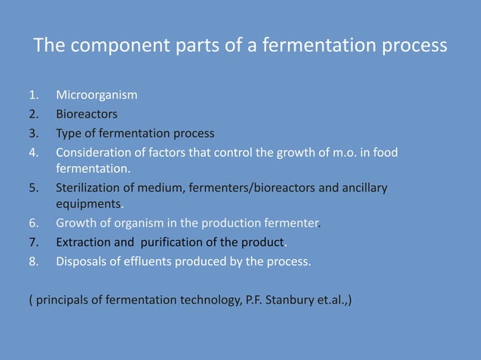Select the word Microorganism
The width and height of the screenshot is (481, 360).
[x=97, y=96]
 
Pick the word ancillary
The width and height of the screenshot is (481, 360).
[x=364, y=188]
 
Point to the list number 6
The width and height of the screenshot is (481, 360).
[x=32, y=224]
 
